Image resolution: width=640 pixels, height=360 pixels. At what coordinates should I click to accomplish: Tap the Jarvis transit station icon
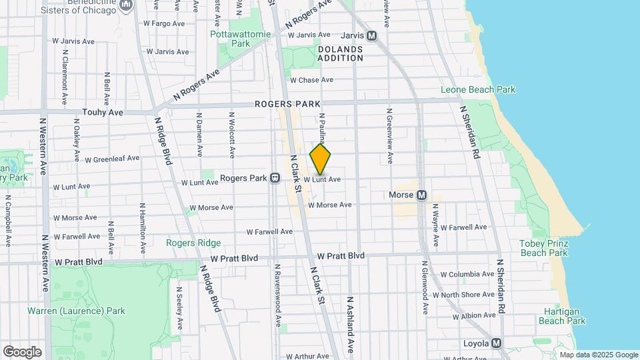pyautogui.click(x=371, y=35)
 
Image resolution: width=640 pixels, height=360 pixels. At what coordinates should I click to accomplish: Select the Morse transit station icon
pyautogui.click(x=421, y=195)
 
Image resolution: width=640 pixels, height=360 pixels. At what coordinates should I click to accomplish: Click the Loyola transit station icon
pyautogui.click(x=495, y=344)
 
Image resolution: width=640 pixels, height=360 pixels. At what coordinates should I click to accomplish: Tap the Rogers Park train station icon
pyautogui.click(x=274, y=179)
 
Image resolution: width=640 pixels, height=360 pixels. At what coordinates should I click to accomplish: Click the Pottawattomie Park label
pyautogui.click(x=231, y=39)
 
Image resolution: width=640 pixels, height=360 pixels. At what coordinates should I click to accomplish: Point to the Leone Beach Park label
pyautogui.click(x=478, y=89)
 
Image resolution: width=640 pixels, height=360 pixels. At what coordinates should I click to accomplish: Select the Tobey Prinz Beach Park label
pyautogui.click(x=543, y=248)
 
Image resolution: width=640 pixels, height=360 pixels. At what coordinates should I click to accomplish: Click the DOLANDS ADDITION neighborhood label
pyautogui.click(x=340, y=54)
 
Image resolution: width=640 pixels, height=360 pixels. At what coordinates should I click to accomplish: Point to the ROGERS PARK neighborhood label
pyautogui.click(x=287, y=104)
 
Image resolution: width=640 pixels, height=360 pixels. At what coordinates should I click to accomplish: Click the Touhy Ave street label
pyautogui.click(x=103, y=113)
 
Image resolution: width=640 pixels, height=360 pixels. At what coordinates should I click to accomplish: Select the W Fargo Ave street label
pyautogui.click(x=164, y=23)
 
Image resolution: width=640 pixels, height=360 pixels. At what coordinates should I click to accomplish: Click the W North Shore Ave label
pyautogui.click(x=463, y=295)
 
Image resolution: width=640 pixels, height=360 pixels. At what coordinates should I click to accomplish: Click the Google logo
pyautogui.click(x=22, y=351)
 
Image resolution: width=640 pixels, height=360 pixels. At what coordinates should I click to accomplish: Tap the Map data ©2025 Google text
pyautogui.click(x=598, y=355)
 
